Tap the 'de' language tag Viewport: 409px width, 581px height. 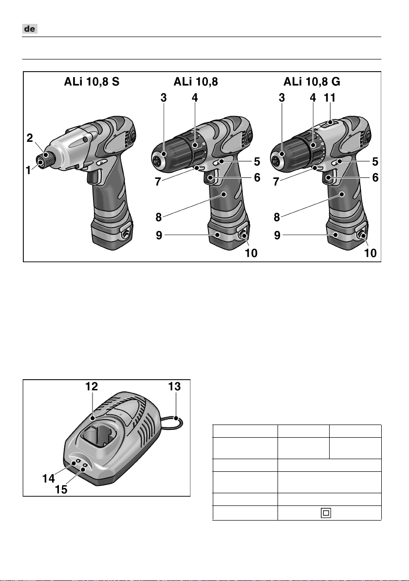pyautogui.click(x=30, y=30)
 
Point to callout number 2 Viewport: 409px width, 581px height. pyautogui.click(x=30, y=138)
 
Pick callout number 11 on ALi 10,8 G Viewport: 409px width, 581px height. pyautogui.click(x=330, y=97)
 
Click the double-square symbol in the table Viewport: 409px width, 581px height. pyautogui.click(x=325, y=513)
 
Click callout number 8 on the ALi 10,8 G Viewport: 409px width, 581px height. pyautogui.click(x=277, y=216)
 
